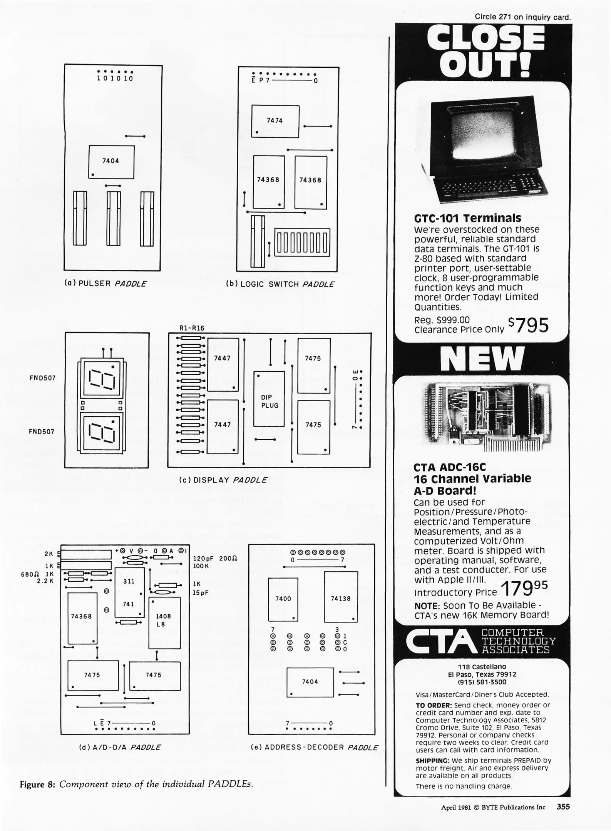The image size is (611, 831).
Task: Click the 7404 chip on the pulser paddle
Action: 111,162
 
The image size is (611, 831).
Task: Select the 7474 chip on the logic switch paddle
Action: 275,121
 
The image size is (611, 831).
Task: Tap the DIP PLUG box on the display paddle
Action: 269,399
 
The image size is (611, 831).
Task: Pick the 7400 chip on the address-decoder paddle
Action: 283,599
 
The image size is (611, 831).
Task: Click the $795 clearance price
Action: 528,325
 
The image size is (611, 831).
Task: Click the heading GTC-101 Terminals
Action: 468,218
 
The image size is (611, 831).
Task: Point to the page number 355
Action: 563,807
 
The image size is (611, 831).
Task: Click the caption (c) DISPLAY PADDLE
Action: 223,480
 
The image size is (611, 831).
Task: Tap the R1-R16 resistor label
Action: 192,328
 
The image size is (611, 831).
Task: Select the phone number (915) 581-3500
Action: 482,682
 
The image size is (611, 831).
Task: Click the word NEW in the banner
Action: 482,358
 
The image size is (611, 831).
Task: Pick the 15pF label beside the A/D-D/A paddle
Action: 200,593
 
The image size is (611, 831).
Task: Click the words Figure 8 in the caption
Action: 37,784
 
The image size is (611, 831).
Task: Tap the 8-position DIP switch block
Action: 302,243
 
